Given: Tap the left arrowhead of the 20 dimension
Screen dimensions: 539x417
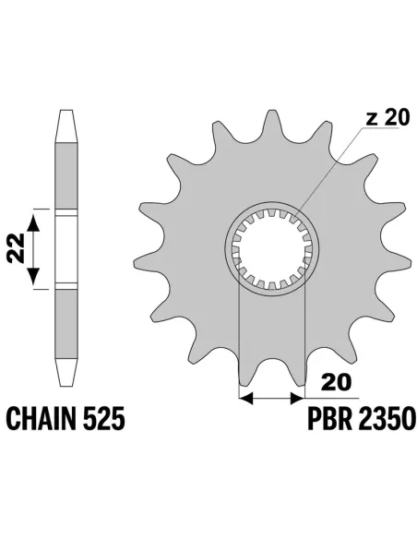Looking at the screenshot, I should [244, 399].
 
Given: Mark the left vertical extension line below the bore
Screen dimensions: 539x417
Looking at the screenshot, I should [240, 341].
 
